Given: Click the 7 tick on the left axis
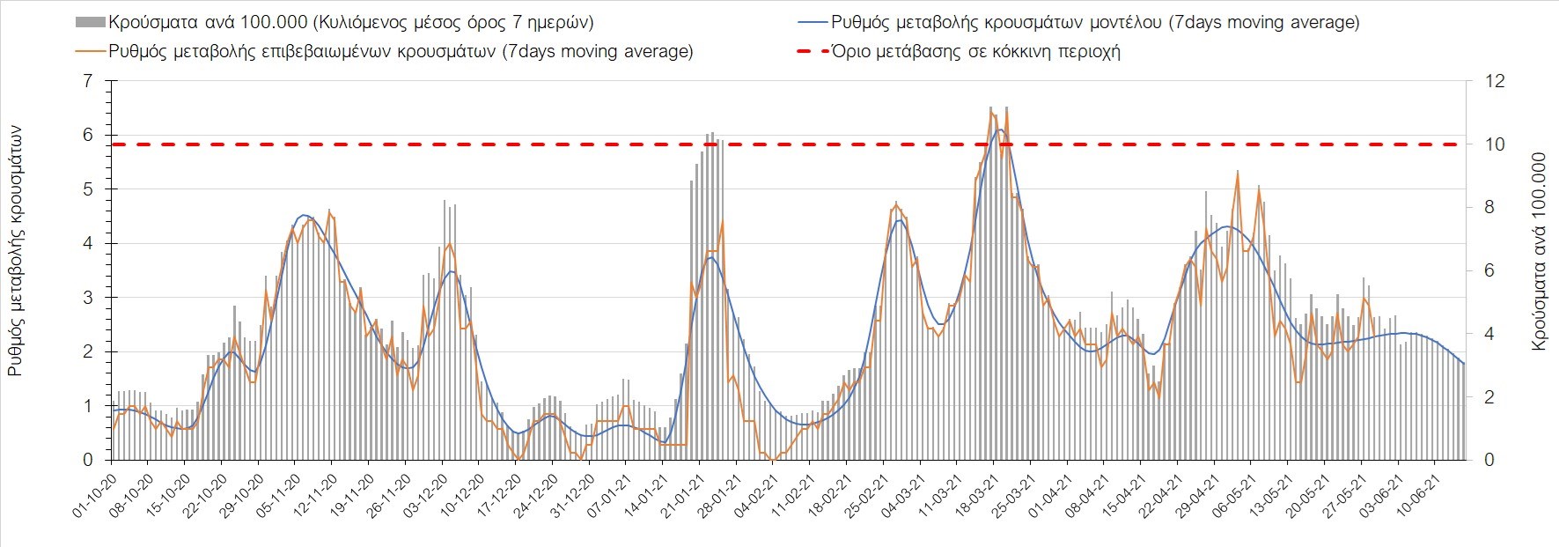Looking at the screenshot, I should [x=86, y=81].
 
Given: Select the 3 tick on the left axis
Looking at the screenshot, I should [x=86, y=298].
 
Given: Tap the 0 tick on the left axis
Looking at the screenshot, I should [x=86, y=460].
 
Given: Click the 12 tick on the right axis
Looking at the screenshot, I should [x=1495, y=81].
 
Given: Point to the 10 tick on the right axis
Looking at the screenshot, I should [x=1495, y=144].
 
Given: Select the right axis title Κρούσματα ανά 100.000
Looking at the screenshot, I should [x=1539, y=252].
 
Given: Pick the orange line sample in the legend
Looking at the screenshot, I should [x=91, y=51].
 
